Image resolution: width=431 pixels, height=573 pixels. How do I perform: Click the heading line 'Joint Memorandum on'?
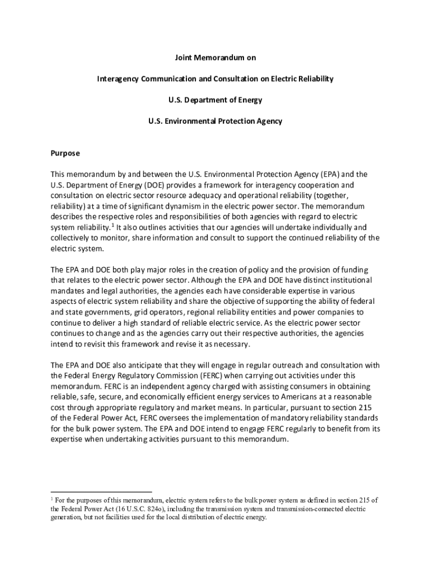point(215,58)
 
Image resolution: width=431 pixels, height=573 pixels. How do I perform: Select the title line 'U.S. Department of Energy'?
point(215,100)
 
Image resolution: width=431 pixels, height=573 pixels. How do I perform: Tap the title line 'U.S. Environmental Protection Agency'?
point(215,121)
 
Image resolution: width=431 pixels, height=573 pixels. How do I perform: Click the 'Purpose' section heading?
point(65,153)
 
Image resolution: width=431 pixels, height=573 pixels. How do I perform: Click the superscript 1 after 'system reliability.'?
point(112,226)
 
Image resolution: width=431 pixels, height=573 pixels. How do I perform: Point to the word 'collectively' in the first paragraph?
point(71,238)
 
